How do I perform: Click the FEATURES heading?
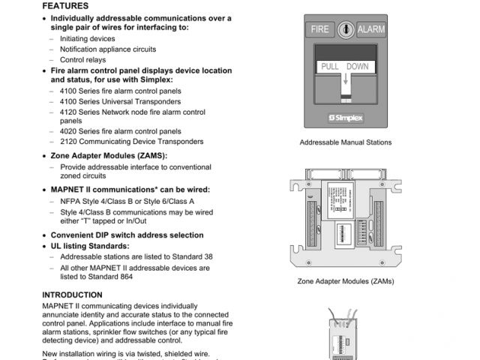click(65, 5)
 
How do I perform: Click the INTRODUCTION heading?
click(72, 295)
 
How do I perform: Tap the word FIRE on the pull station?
click(319, 29)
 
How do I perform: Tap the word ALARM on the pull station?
click(370, 29)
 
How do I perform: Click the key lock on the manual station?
click(345, 29)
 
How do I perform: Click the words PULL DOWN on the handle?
click(345, 67)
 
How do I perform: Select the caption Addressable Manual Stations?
click(345, 142)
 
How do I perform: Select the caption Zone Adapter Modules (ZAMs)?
click(345, 282)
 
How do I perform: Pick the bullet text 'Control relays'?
click(82, 59)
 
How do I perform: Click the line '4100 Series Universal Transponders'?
click(120, 101)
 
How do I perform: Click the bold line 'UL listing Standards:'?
click(90, 245)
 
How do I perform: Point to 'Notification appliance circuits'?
click(108, 49)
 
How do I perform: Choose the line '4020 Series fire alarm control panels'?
click(120, 130)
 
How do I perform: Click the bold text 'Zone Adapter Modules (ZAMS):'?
click(109, 155)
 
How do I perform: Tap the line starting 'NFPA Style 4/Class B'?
click(127, 201)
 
